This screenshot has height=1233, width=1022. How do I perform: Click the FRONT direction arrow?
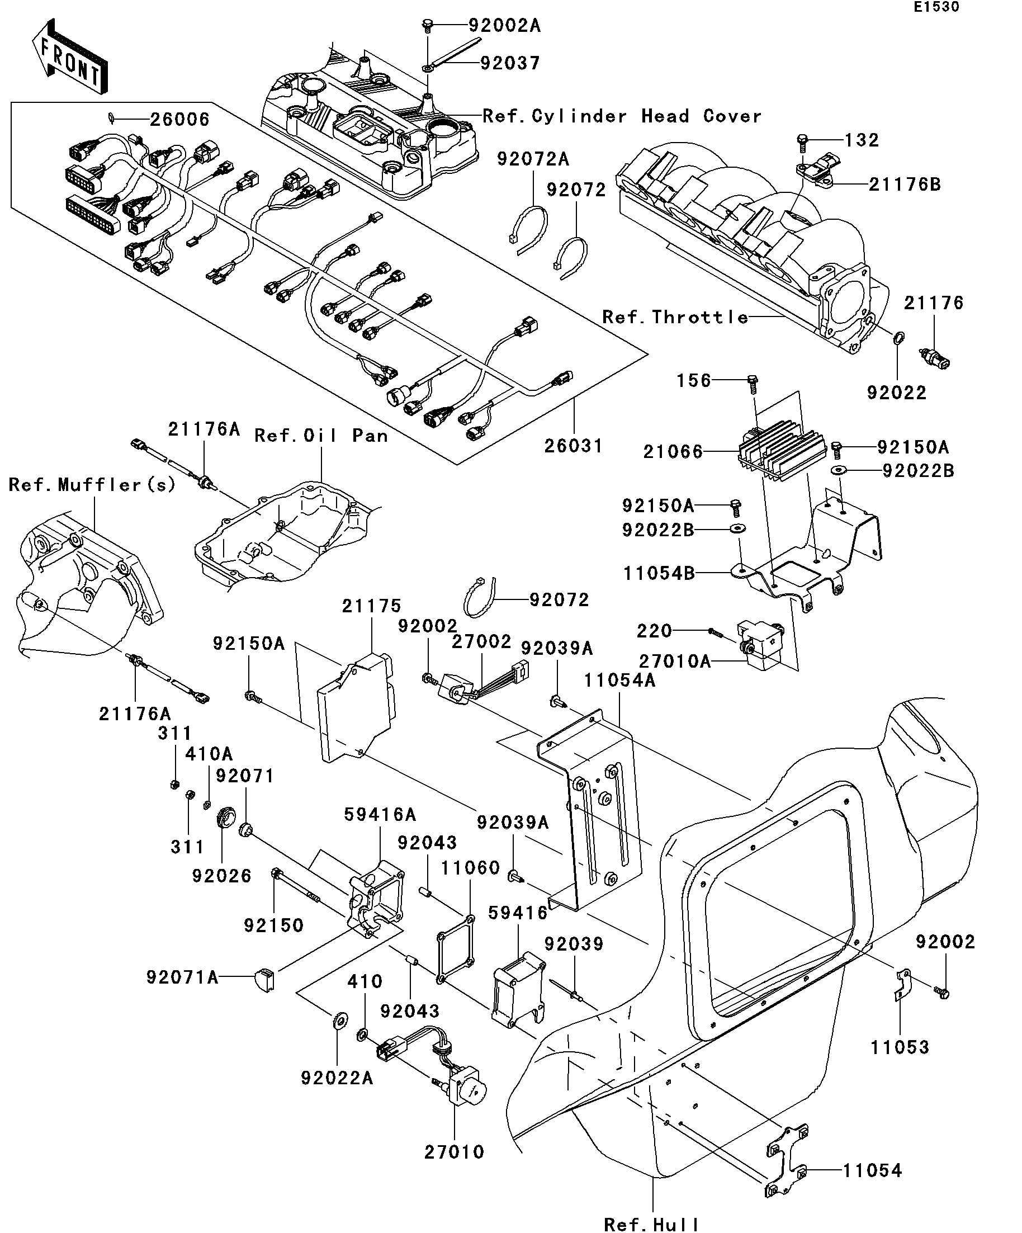(70, 57)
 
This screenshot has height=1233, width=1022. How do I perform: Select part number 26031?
(573, 446)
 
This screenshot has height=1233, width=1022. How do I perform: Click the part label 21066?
(673, 452)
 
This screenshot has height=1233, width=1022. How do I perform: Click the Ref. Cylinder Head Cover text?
(622, 116)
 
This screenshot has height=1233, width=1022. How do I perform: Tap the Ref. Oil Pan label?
(320, 436)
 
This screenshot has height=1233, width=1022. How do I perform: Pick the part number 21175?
(372, 606)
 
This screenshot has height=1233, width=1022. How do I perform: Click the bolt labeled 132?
(803, 141)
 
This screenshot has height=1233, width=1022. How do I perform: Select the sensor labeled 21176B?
(818, 170)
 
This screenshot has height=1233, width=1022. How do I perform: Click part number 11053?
(900, 1047)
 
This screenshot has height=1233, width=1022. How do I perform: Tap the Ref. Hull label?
(651, 1224)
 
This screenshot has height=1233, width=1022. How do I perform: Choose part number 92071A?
(182, 977)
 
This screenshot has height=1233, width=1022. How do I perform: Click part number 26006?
(179, 120)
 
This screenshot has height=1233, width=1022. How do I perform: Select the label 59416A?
(380, 814)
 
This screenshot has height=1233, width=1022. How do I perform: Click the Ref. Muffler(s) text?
(92, 485)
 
